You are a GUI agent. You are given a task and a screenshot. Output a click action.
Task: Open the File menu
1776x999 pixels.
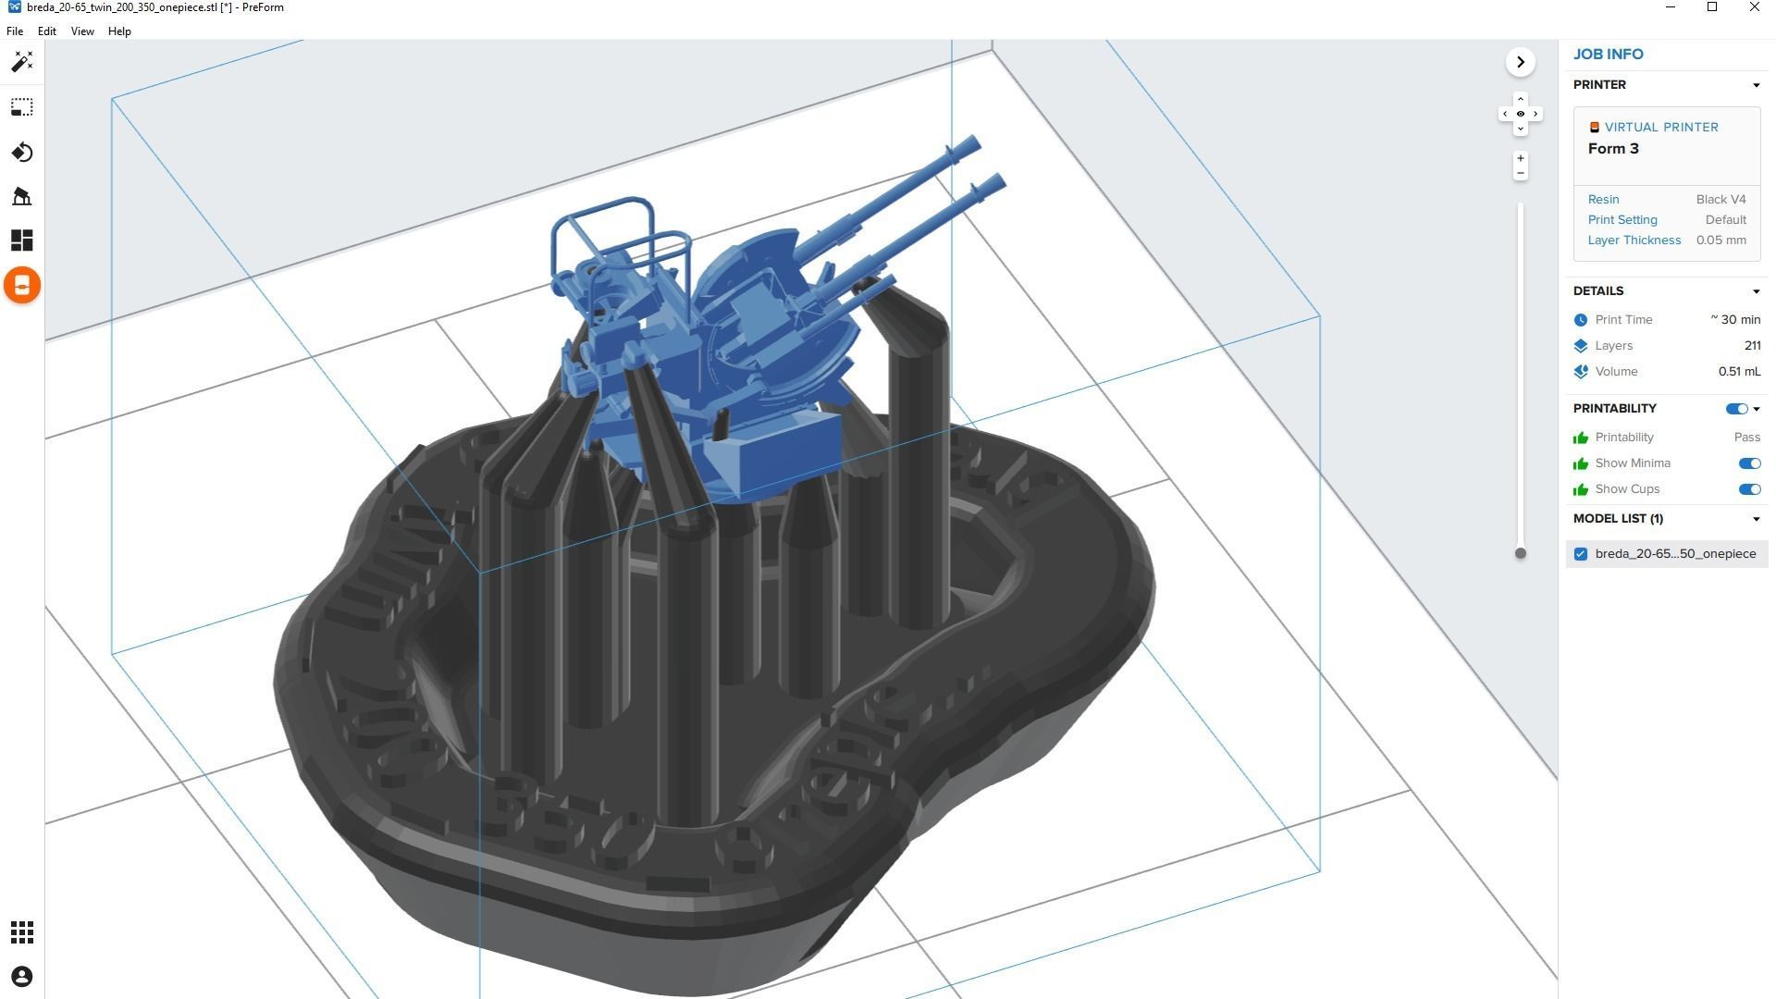click(15, 31)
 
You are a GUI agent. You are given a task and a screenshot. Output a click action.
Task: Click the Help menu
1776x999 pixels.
click(119, 31)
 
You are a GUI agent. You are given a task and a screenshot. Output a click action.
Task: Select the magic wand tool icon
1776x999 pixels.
click(22, 62)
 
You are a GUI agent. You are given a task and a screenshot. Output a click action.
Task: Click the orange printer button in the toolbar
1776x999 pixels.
click(22, 285)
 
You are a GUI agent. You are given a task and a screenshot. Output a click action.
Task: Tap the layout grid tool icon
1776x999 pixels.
click(22, 240)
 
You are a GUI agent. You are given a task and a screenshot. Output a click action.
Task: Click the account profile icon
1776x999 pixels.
click(22, 977)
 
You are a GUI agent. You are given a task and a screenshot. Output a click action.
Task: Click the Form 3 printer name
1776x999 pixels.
click(1613, 149)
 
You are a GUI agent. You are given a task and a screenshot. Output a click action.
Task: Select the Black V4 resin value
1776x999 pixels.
click(1720, 200)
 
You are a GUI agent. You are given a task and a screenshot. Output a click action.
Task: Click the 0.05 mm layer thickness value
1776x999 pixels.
click(1720, 240)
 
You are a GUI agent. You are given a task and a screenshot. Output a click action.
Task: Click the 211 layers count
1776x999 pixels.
click(1752, 346)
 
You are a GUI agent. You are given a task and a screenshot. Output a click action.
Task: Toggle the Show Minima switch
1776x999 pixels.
click(1748, 463)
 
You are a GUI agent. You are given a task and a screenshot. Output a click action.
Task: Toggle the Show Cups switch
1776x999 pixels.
click(1748, 489)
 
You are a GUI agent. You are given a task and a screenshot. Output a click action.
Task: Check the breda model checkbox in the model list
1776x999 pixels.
click(1581, 554)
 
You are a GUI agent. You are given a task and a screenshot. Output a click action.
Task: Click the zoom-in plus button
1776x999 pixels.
click(1520, 158)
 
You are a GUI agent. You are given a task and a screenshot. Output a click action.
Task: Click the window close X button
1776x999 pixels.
click(1754, 7)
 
